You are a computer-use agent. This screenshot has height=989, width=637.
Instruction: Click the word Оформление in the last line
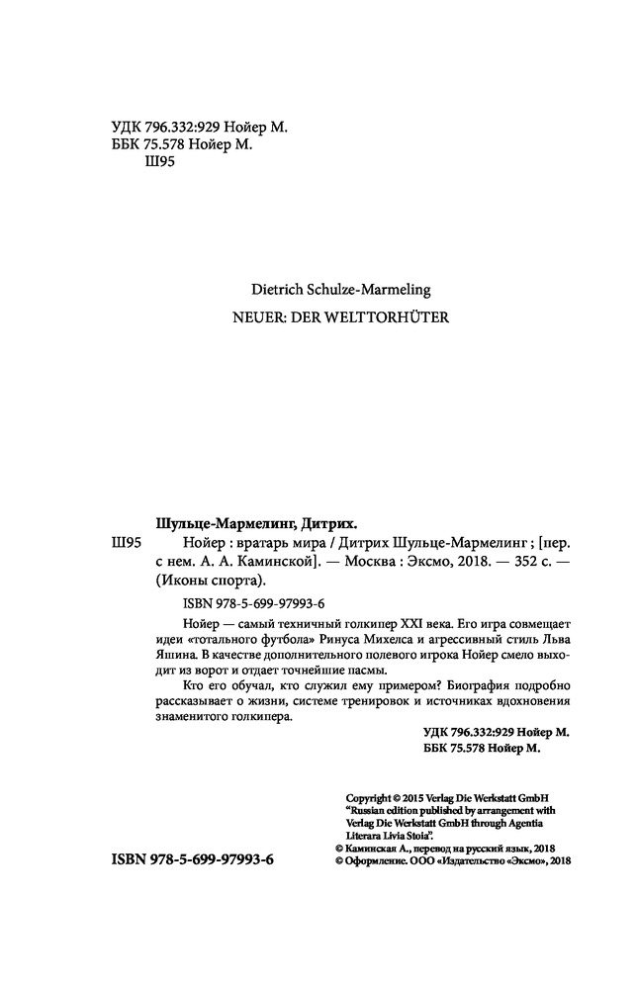point(385,860)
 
